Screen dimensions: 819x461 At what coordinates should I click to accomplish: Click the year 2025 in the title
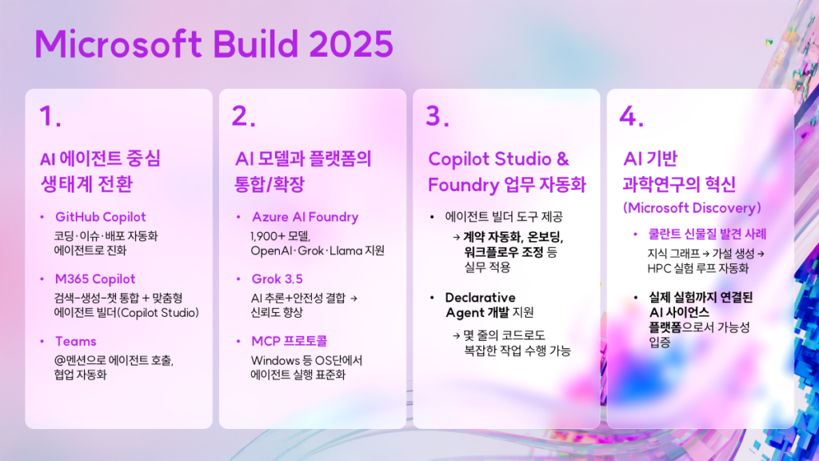351,44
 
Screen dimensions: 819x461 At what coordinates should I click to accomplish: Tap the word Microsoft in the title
118,44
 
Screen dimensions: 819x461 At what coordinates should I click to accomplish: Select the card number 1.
50,115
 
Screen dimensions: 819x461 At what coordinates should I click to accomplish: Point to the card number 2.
243,115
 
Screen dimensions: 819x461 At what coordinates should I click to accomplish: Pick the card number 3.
437,115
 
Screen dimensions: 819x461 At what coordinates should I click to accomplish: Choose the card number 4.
631,115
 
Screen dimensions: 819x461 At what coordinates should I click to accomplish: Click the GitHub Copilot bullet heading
100,217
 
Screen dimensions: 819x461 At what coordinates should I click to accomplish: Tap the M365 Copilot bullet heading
95,279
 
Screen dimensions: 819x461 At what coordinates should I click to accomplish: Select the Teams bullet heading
76,341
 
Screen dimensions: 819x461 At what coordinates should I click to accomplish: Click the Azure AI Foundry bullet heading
305,217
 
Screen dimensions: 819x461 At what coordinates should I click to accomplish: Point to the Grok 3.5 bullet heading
277,279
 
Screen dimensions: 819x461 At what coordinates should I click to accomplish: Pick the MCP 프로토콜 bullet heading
289,341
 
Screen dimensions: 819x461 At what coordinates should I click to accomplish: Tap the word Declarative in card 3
480,298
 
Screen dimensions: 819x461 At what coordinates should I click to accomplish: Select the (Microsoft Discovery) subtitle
692,208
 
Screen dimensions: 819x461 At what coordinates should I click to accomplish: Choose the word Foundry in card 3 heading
464,185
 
